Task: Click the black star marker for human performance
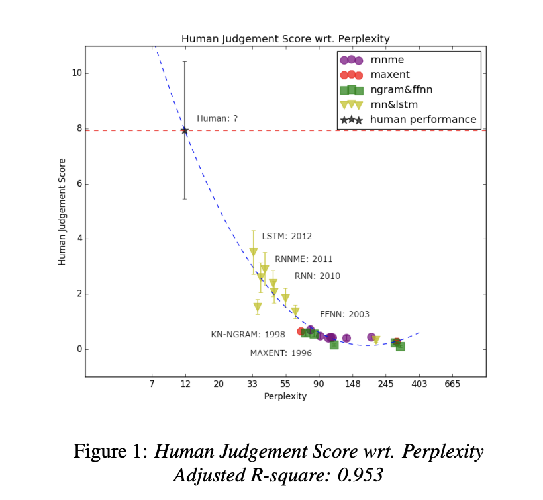(185, 131)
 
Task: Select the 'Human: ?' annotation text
(217, 119)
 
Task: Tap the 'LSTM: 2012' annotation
(287, 237)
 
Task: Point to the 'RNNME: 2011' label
(304, 259)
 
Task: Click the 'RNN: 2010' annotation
(317, 276)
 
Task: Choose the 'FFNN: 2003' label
(344, 315)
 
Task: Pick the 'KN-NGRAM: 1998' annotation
(248, 335)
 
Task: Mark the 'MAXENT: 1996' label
(281, 353)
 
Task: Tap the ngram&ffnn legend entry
(402, 89)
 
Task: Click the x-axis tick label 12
(185, 384)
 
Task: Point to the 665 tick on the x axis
(452, 384)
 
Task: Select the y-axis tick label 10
(77, 73)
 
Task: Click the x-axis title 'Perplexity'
(285, 397)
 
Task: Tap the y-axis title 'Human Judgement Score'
(63, 212)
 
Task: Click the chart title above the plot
(285, 39)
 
